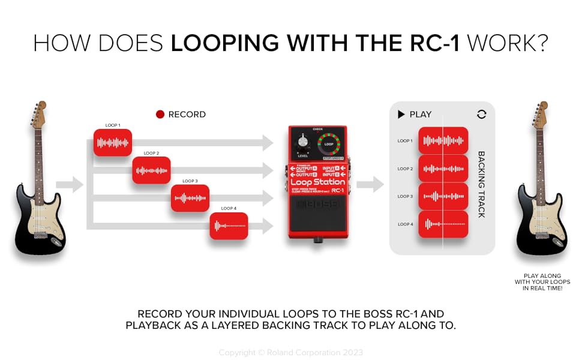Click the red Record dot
[x=160, y=115]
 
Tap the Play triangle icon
[x=401, y=114]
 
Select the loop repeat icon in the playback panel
[x=481, y=114]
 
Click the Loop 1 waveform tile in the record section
[x=112, y=143]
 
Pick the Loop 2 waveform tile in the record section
[x=151, y=170]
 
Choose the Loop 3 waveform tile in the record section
[x=190, y=198]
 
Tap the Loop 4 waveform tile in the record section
[x=229, y=226]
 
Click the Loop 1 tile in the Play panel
[x=443, y=141]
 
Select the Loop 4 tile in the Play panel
[x=443, y=224]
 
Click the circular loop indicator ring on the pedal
[x=328, y=145]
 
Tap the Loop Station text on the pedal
[x=317, y=182]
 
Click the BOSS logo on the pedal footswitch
[x=317, y=204]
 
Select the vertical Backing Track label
[x=481, y=184]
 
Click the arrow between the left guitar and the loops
[x=70, y=185]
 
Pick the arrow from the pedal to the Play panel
[x=370, y=185]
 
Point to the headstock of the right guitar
[x=541, y=113]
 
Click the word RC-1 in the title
[x=433, y=43]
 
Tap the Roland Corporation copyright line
[x=290, y=352]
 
